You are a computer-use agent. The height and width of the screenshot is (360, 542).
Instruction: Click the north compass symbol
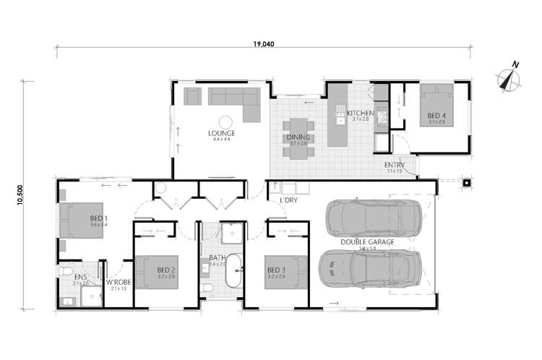508,79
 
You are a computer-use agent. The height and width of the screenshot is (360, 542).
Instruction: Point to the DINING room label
299,138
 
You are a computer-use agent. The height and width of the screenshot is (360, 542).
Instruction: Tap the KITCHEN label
360,114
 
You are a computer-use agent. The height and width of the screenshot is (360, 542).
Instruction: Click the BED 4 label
436,116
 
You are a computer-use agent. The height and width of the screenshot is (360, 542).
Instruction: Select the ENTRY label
394,166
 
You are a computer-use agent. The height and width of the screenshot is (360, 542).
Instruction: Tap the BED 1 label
98,218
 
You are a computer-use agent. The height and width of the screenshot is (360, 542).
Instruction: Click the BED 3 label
276,271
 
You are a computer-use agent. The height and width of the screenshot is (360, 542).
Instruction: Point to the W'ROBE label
119,283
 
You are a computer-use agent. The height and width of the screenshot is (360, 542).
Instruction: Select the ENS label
80,277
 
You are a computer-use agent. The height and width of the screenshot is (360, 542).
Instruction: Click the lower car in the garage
369,270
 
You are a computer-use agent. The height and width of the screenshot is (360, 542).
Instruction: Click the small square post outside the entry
467,182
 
